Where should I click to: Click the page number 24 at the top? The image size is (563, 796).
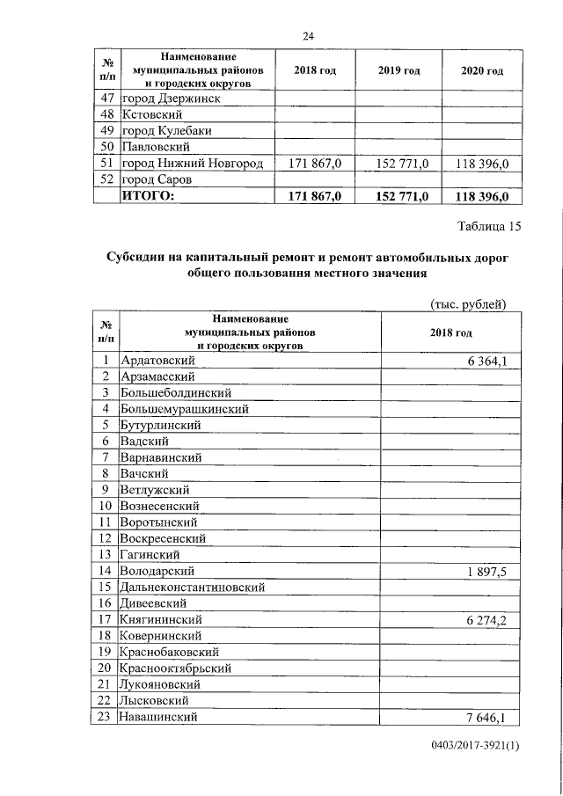click(x=308, y=36)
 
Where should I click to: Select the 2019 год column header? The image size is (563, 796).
click(x=398, y=70)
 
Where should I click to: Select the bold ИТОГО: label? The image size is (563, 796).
click(x=148, y=196)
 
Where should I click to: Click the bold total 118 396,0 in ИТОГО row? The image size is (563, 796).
click(x=483, y=196)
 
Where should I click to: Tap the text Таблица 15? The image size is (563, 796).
click(x=489, y=227)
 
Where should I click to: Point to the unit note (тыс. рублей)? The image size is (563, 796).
click(x=466, y=304)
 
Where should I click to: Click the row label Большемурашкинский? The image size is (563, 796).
click(x=185, y=408)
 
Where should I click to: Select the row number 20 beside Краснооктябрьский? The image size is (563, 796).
click(x=105, y=668)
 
